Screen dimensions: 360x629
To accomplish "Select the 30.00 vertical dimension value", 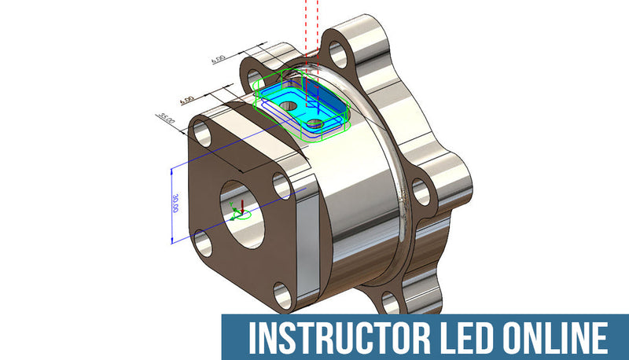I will [x=177, y=204].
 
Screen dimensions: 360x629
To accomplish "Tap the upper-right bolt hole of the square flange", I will [x=282, y=185].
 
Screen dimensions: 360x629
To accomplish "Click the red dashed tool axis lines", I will [x=307, y=31].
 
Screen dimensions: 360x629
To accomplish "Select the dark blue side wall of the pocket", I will [x=326, y=98].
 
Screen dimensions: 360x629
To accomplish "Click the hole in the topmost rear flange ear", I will [x=337, y=53].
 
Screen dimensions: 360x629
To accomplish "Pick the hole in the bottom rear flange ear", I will [x=389, y=302].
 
